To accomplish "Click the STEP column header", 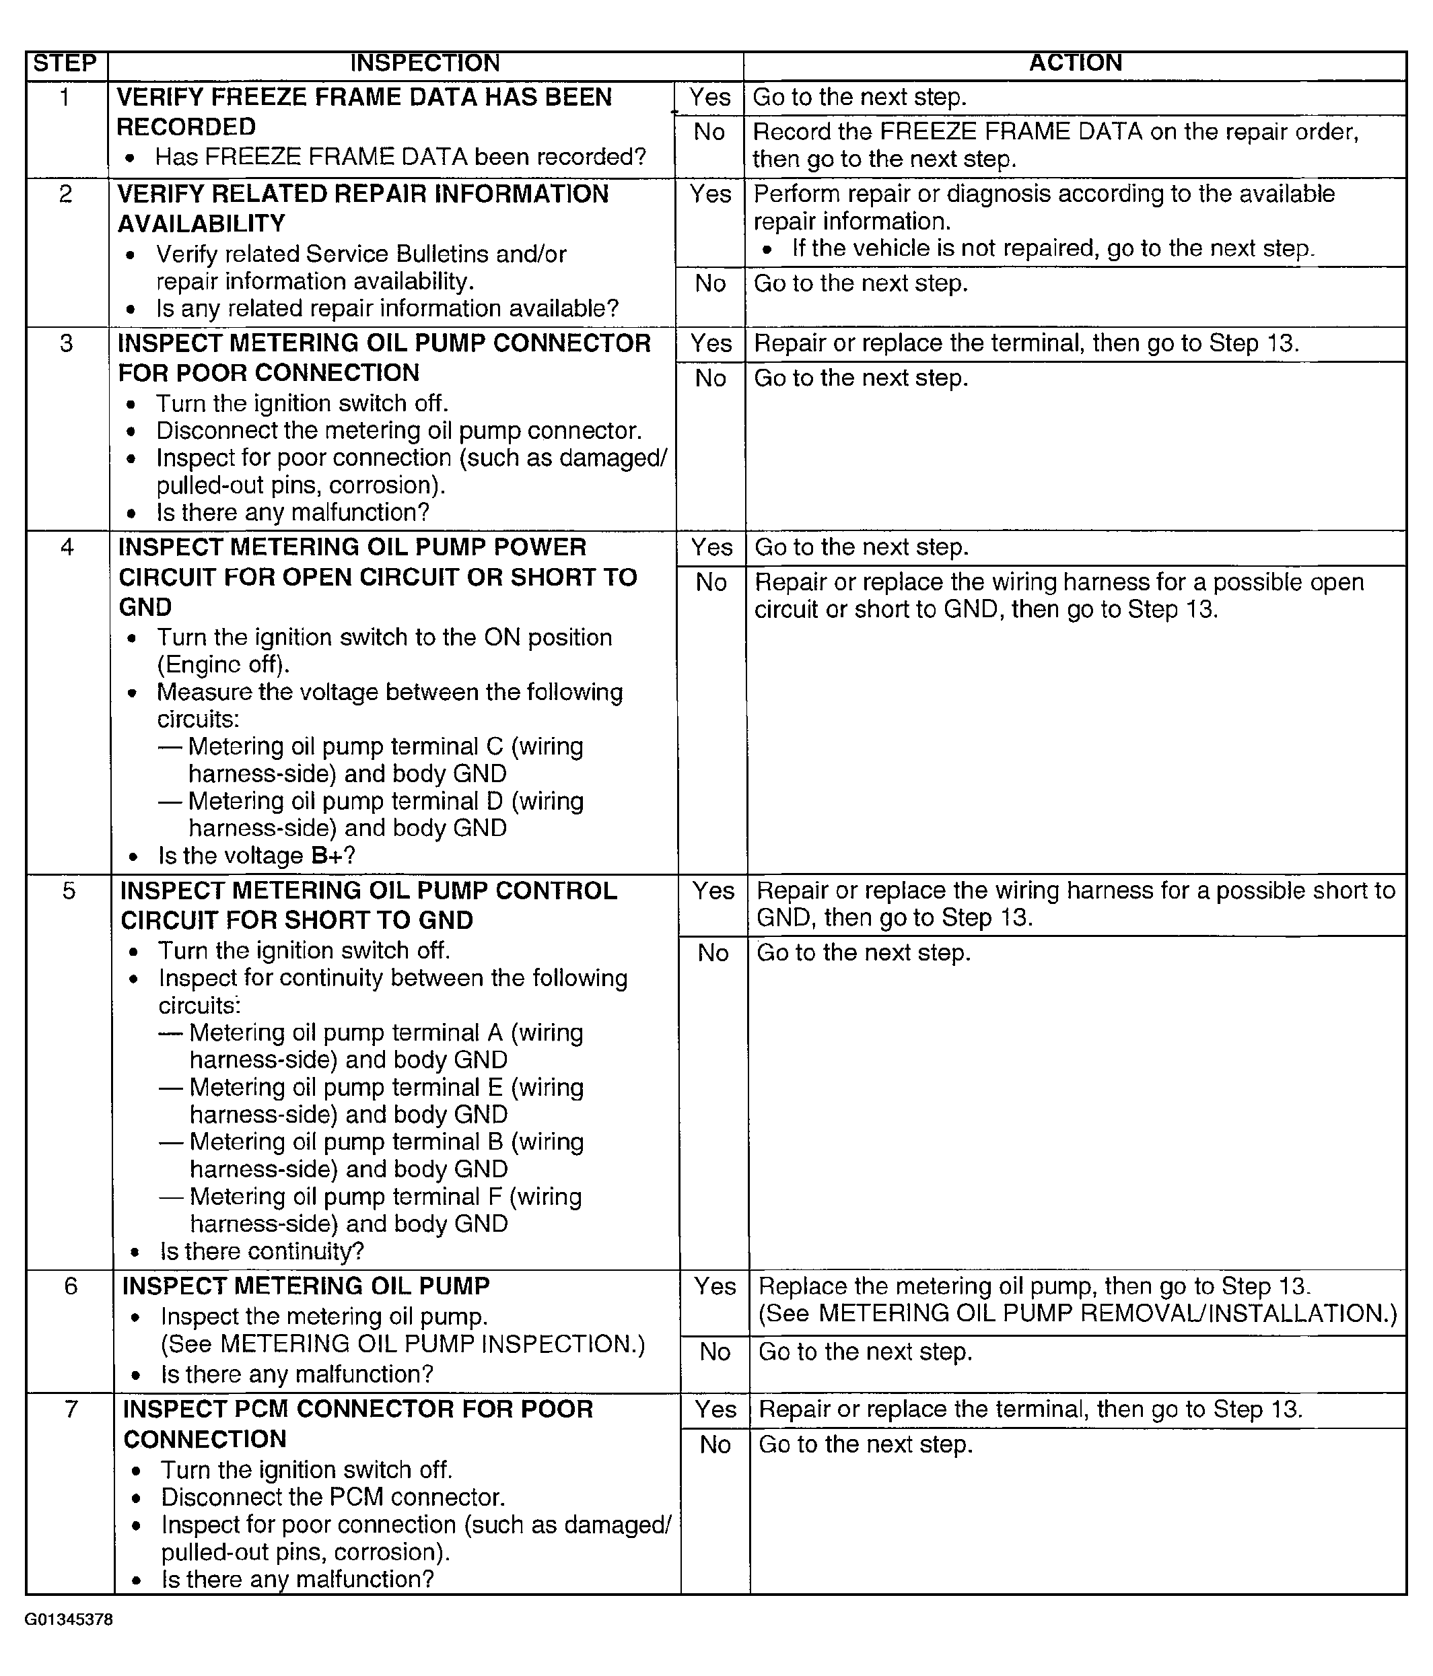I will (x=65, y=63).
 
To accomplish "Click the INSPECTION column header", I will (x=425, y=63).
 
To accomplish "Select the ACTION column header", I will (x=1075, y=63).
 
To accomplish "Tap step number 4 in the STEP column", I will (x=67, y=548).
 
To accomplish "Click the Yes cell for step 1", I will (x=709, y=97).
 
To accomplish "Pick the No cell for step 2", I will (x=710, y=283).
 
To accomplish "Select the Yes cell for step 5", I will (x=713, y=891).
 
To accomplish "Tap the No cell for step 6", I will (x=715, y=1352).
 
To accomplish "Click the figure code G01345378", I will (x=69, y=1619).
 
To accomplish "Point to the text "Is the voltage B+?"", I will (x=256, y=855).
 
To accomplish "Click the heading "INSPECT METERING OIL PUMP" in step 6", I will (x=306, y=1286).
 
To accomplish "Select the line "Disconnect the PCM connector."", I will (x=333, y=1496).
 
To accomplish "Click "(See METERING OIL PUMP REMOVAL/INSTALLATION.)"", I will (x=1077, y=1314).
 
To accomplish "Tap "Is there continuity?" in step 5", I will (x=262, y=1251).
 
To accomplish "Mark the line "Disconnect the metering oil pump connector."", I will (x=398, y=430).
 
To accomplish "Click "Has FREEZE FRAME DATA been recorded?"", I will (x=400, y=156).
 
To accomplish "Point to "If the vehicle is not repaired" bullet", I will (x=1053, y=248).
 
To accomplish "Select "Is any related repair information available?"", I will (x=388, y=308).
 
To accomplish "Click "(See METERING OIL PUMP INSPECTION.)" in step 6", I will (x=403, y=1343).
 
